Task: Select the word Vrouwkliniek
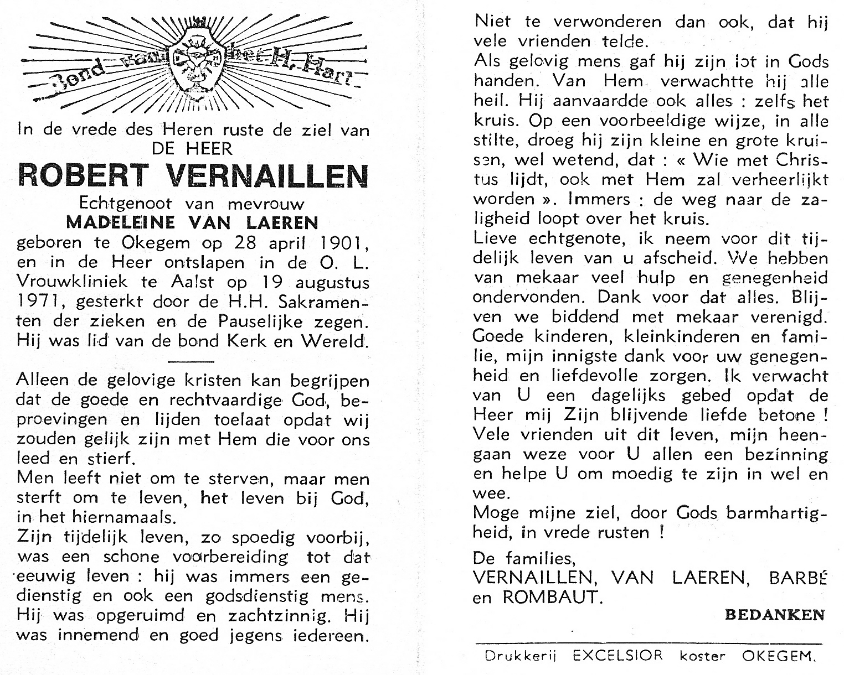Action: pyautogui.click(x=74, y=282)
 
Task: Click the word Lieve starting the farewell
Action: pyautogui.click(x=496, y=239)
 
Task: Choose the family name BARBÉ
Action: pyautogui.click(x=798, y=578)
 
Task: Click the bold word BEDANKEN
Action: pyautogui.click(x=774, y=615)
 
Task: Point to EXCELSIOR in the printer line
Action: pyautogui.click(x=617, y=656)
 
